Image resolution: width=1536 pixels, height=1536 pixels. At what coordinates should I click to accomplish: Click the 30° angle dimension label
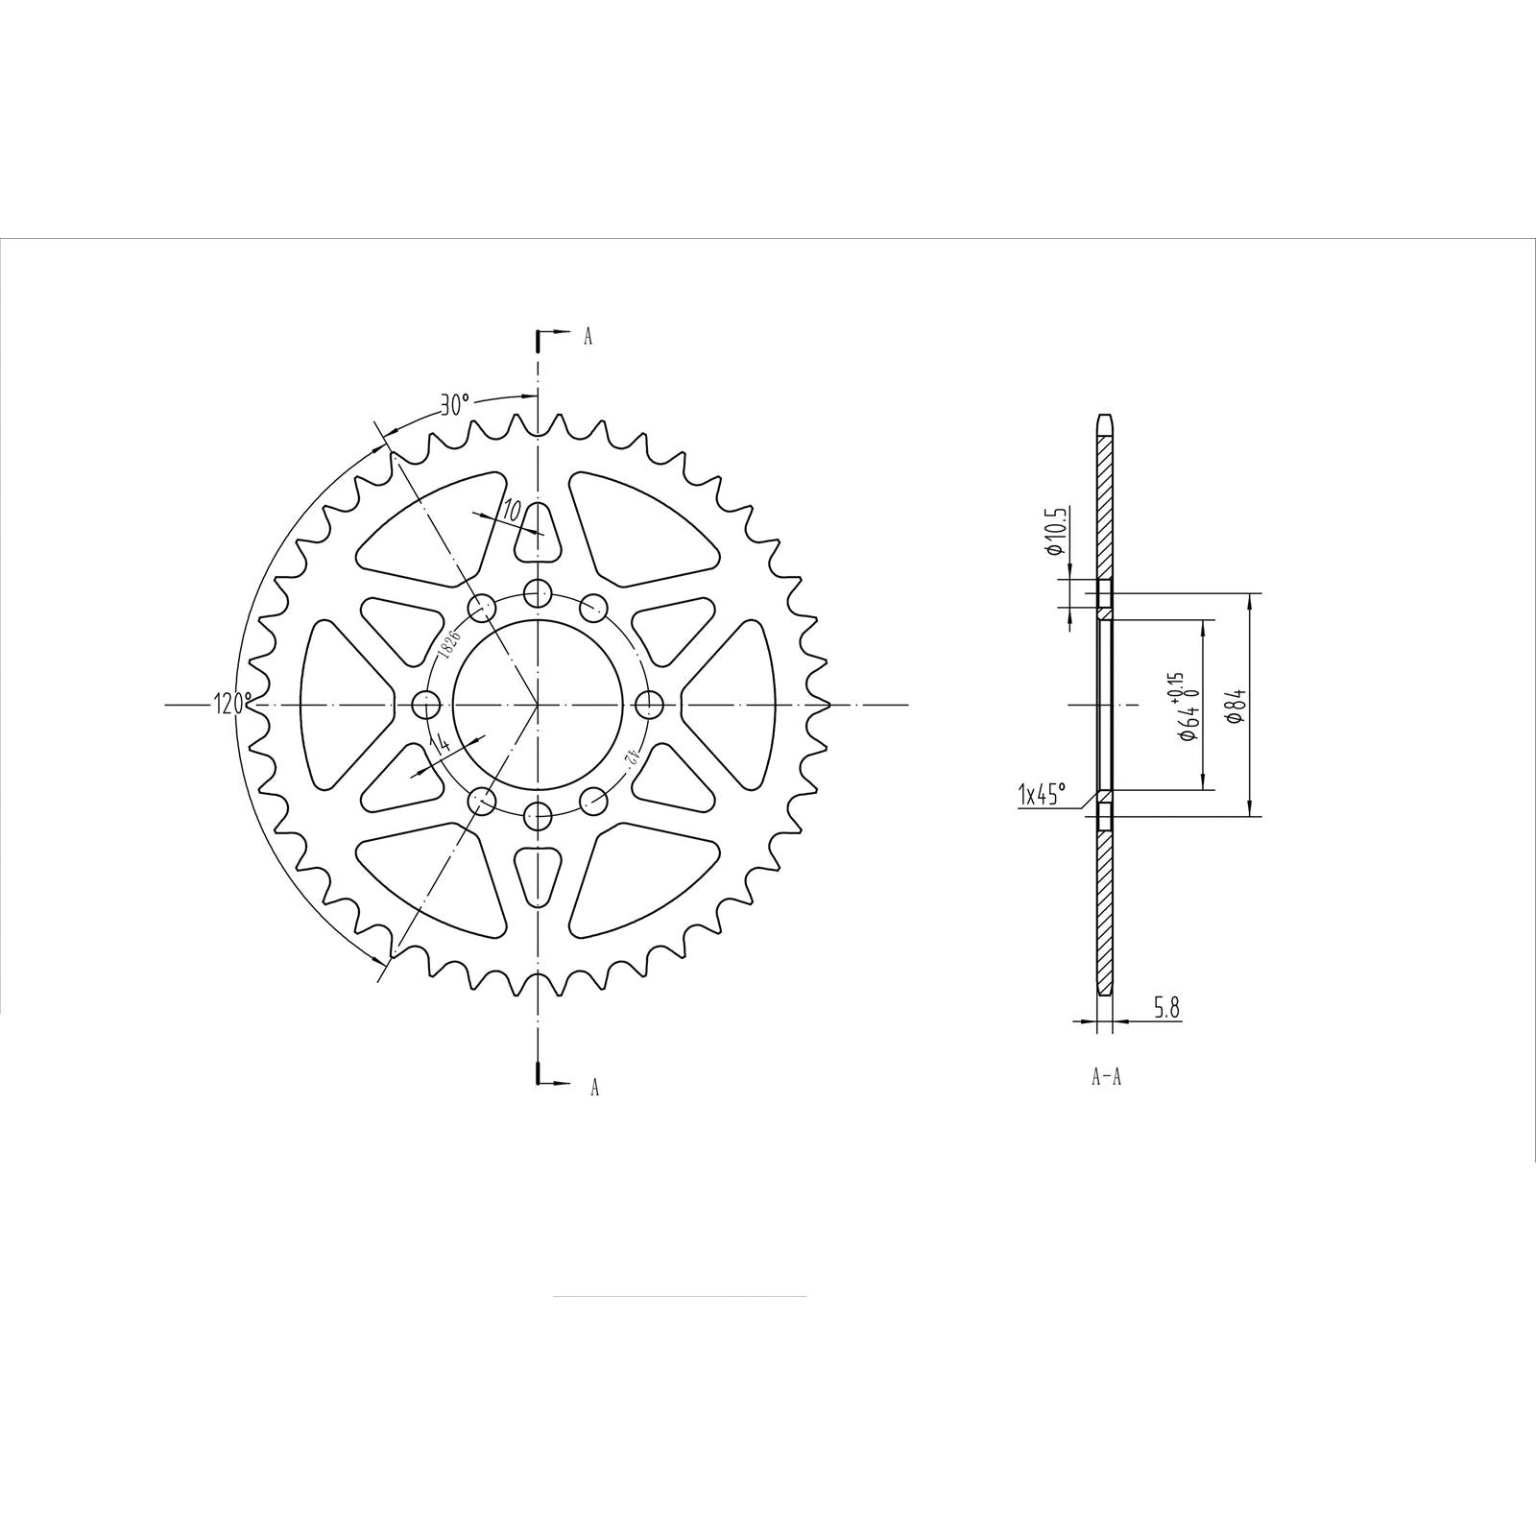pyautogui.click(x=454, y=404)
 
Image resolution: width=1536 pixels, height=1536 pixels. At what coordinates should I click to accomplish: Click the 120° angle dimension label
pyautogui.click(x=232, y=704)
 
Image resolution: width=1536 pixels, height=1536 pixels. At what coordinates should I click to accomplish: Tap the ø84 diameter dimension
pyautogui.click(x=1237, y=706)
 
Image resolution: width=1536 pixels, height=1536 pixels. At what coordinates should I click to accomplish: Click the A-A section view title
pyautogui.click(x=1106, y=1077)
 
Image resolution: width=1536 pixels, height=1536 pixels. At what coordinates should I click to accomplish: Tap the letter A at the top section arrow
pyautogui.click(x=588, y=336)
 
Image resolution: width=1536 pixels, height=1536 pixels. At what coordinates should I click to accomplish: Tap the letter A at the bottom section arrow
pyautogui.click(x=594, y=1087)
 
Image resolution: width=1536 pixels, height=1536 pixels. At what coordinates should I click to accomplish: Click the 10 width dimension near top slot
pyautogui.click(x=511, y=509)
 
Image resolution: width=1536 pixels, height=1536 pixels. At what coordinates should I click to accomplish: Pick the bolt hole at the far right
pyautogui.click(x=650, y=706)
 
